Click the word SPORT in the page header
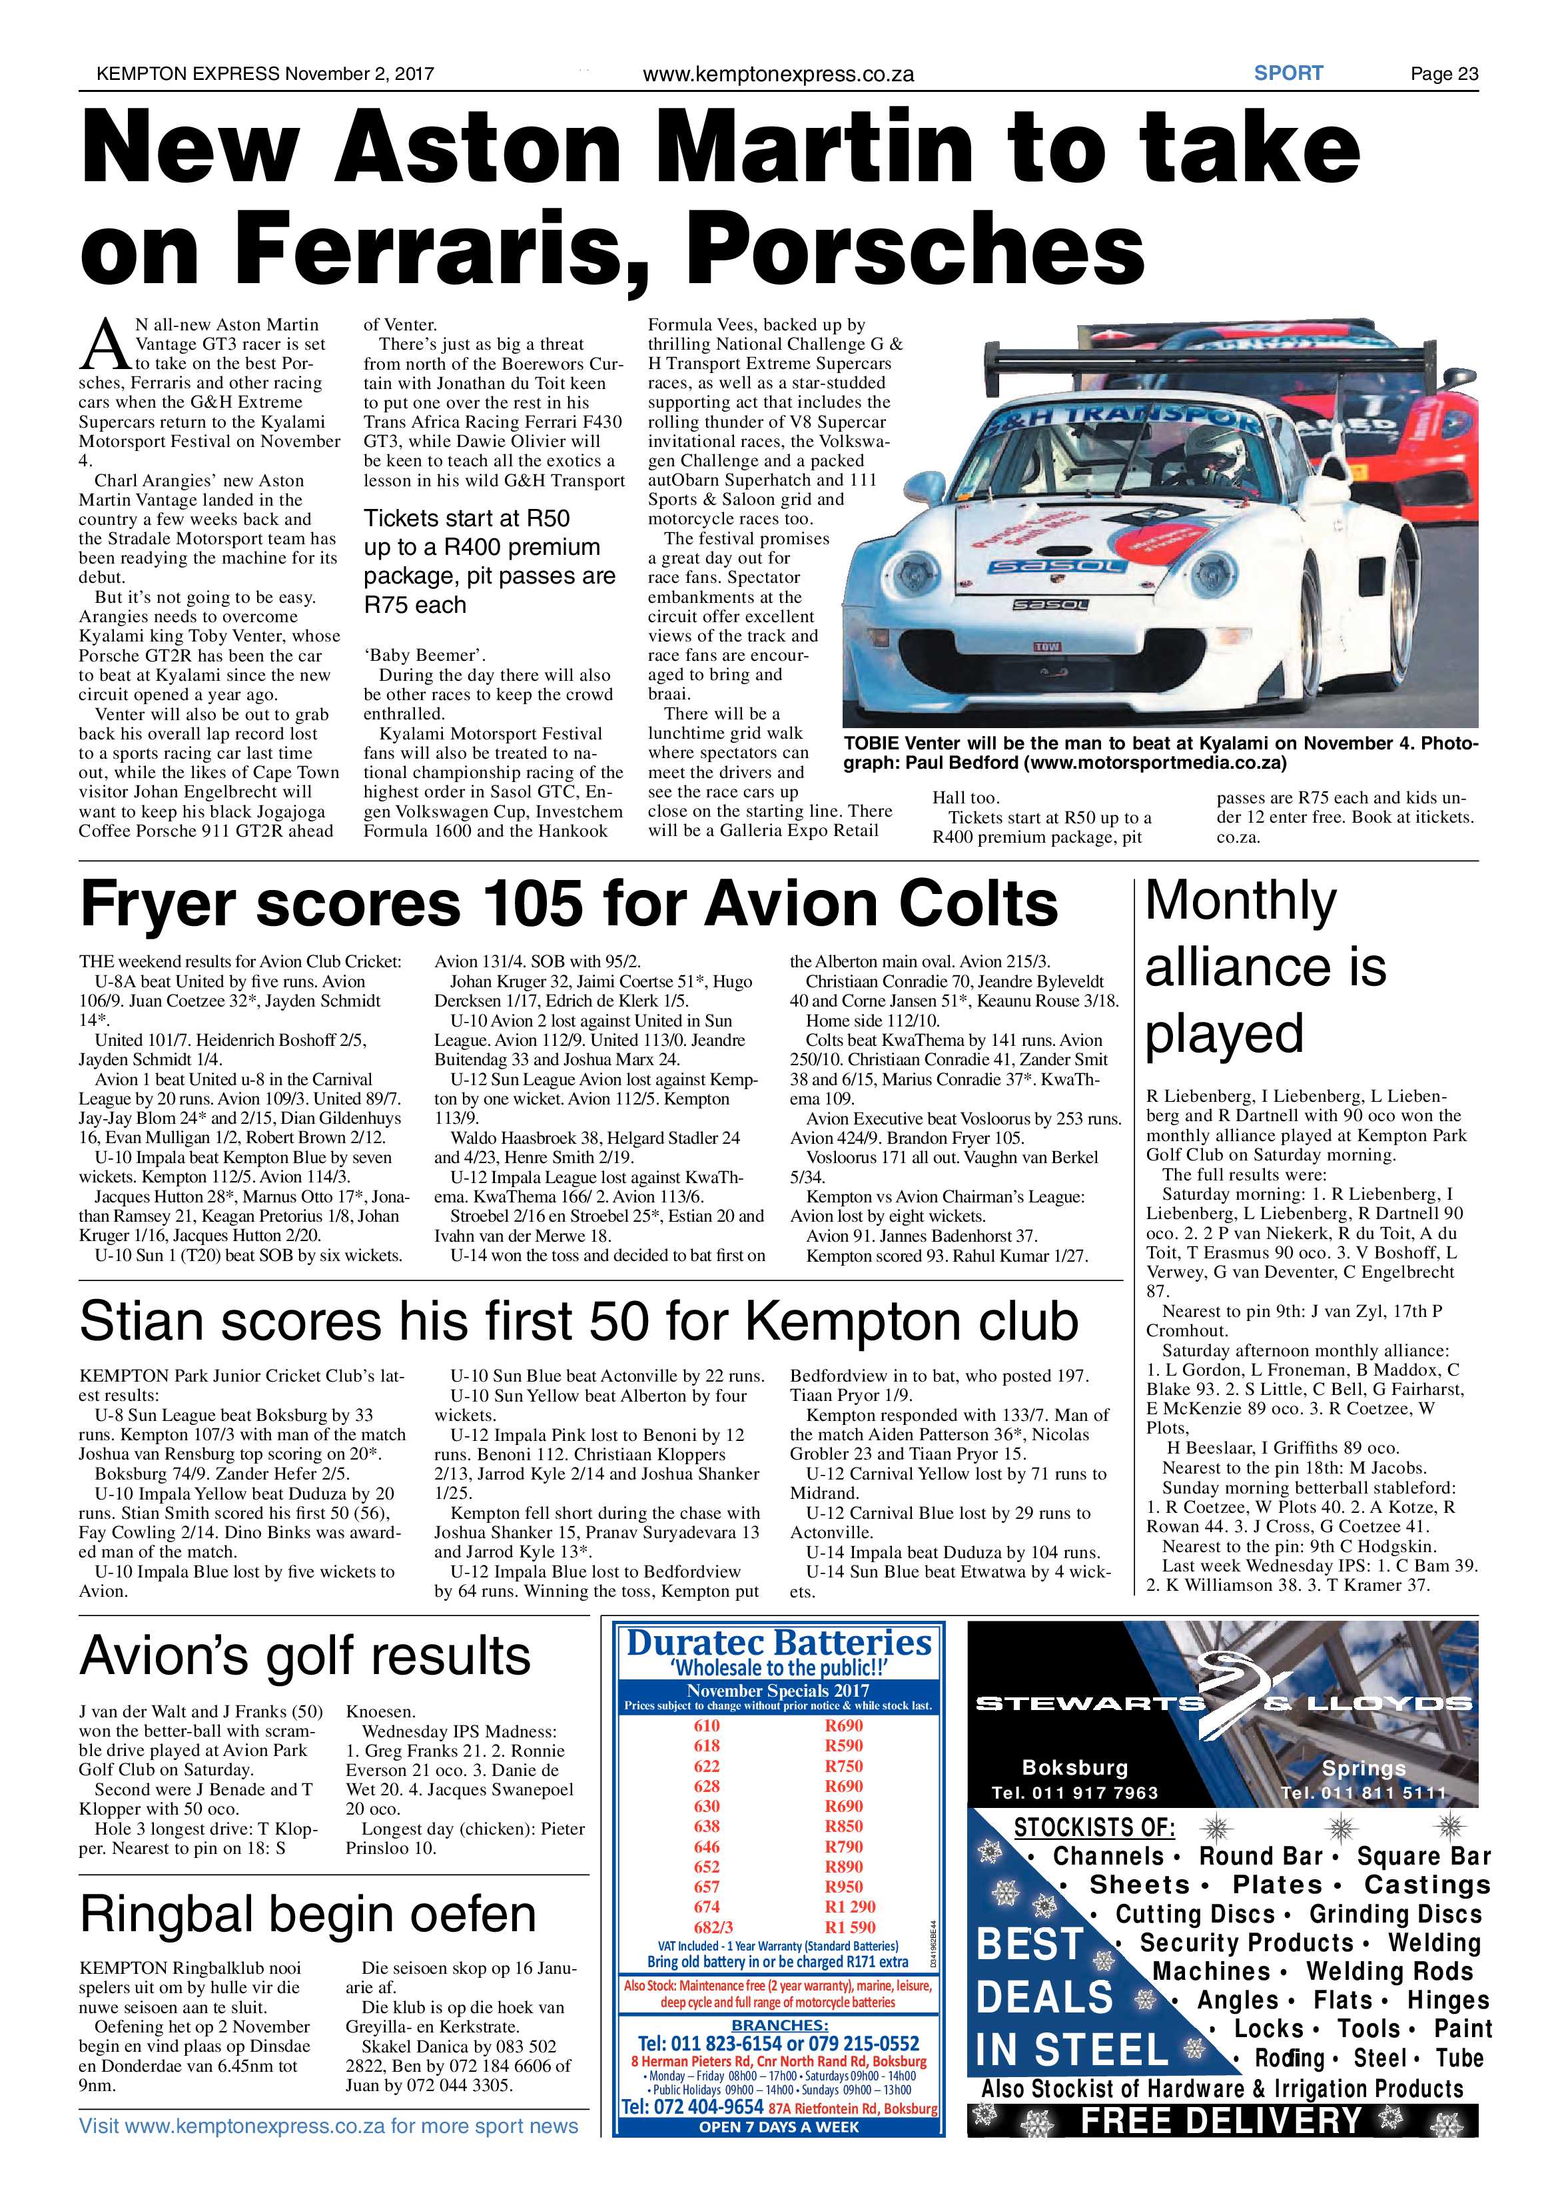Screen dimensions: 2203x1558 [1288, 73]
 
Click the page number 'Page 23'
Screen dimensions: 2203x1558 [1443, 74]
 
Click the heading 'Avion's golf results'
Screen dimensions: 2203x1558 [305, 1655]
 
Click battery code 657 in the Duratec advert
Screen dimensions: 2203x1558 [706, 1887]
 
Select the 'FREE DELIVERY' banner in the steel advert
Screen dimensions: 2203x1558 [1221, 2120]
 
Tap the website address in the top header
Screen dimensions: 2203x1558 [777, 74]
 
